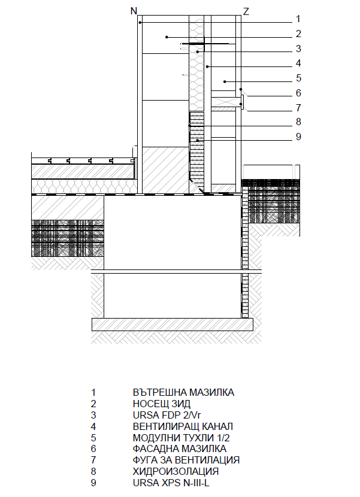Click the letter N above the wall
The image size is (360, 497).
tap(134, 11)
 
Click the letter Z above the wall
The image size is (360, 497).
tap(246, 12)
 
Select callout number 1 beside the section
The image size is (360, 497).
tap(298, 19)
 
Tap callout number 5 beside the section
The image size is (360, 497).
tap(298, 78)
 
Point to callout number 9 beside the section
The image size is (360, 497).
tap(298, 137)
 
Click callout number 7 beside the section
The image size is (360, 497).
tap(298, 108)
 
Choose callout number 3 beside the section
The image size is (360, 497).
tap(298, 49)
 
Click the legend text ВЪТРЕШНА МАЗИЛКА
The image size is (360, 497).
tap(183, 392)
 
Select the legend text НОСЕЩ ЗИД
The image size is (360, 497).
tap(162, 404)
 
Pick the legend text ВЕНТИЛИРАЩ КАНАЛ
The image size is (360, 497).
tap(183, 426)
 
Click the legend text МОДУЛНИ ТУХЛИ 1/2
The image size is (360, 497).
tap(181, 438)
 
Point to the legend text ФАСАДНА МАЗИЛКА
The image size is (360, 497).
tap(180, 449)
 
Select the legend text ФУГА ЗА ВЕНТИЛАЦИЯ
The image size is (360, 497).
tap(186, 460)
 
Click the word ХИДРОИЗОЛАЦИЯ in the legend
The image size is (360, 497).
tap(176, 471)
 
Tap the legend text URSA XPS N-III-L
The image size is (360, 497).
tap(171, 483)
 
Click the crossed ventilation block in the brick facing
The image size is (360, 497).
tap(223, 102)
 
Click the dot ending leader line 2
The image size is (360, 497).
tap(167, 37)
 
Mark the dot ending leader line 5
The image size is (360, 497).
tap(225, 81)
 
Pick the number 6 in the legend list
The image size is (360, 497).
tap(93, 449)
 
